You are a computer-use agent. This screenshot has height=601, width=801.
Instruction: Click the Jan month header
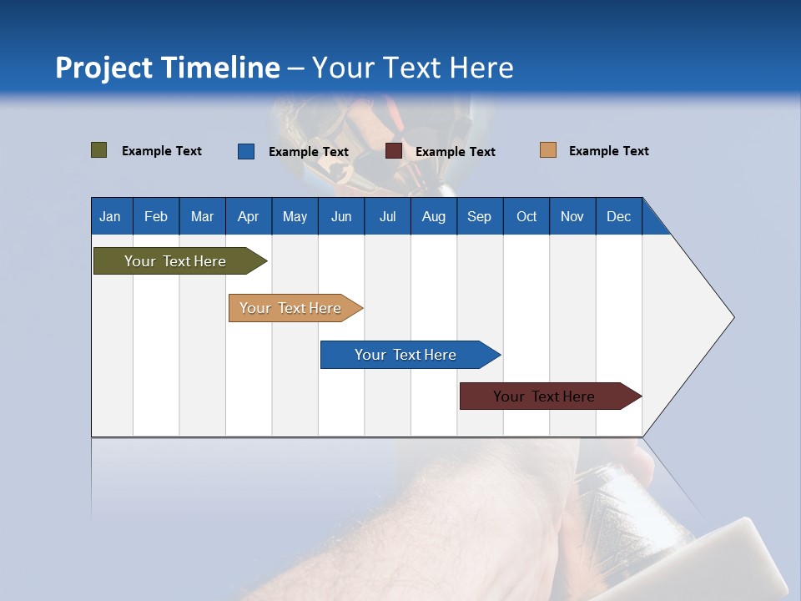tap(111, 216)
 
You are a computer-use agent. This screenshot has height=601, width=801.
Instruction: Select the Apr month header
tap(249, 216)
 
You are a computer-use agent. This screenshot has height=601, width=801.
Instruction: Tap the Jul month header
tap(387, 216)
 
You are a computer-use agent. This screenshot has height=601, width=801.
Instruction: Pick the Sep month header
tap(480, 216)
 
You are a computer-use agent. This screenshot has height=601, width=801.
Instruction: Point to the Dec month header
tap(618, 216)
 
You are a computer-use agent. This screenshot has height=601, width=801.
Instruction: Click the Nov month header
tap(572, 216)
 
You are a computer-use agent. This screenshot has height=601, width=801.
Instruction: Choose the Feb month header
tap(156, 216)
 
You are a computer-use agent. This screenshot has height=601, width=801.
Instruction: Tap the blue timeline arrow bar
tap(406, 355)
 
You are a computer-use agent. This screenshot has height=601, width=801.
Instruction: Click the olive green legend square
tap(98, 150)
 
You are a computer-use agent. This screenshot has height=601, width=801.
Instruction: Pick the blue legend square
tap(246, 151)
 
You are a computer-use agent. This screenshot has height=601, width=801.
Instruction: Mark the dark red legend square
tap(394, 151)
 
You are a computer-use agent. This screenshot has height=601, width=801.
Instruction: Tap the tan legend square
tap(547, 150)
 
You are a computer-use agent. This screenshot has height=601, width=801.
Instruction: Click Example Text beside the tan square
tap(608, 151)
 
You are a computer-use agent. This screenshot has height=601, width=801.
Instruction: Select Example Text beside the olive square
tap(161, 151)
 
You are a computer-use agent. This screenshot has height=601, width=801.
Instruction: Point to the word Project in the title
tap(103, 68)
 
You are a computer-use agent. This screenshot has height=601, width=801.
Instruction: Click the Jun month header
tap(341, 216)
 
